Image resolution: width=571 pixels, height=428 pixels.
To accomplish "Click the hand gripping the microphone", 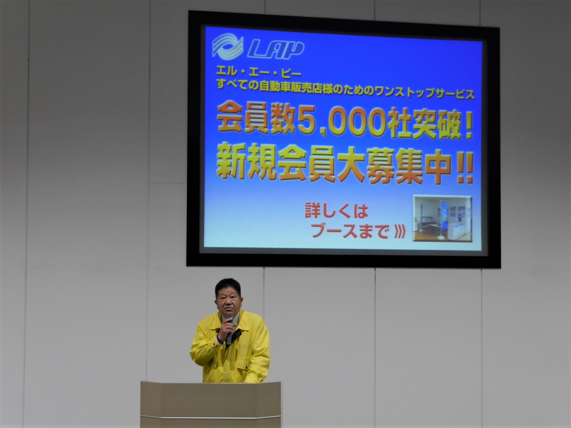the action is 225,330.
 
